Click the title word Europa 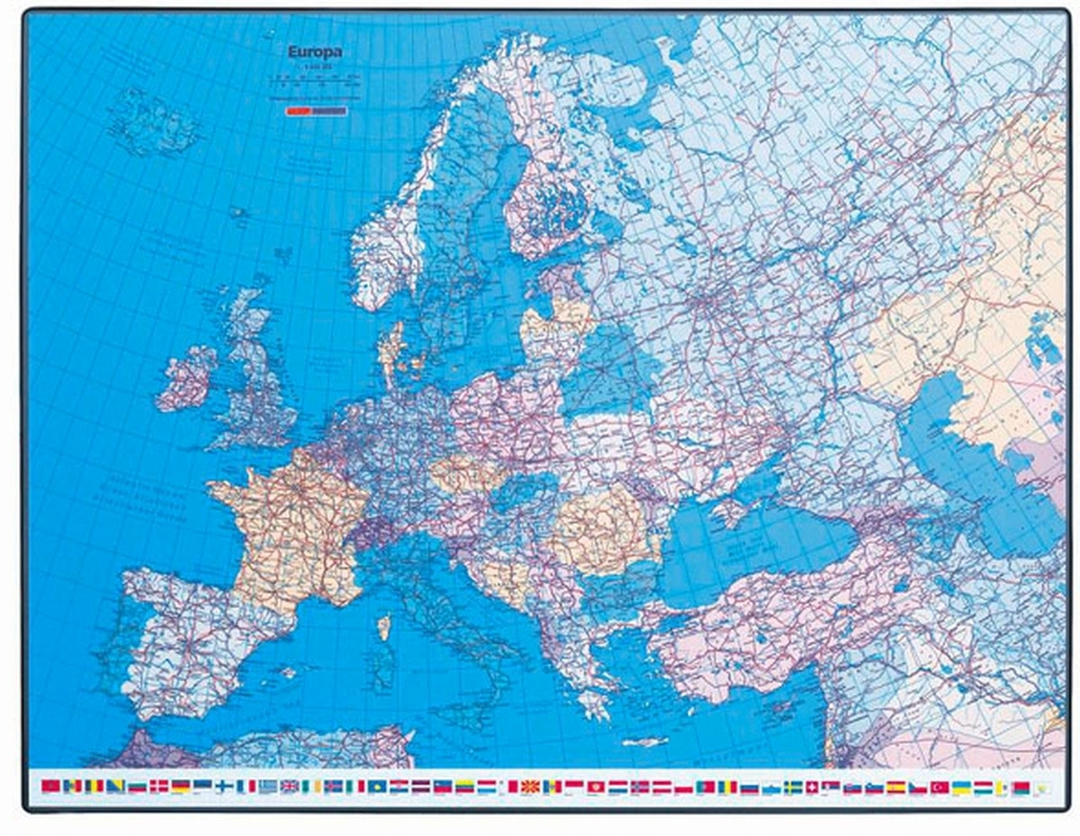(x=314, y=52)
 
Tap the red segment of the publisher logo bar (x=297, y=112)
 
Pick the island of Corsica (x=383, y=626)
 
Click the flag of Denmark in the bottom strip (x=159, y=787)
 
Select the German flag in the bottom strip (x=181, y=787)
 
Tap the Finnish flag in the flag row (x=224, y=787)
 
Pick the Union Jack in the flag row (x=290, y=787)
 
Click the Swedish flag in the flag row (x=794, y=787)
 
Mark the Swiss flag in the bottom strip (x=814, y=787)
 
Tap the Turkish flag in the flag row (x=940, y=787)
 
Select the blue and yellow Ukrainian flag (x=962, y=787)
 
